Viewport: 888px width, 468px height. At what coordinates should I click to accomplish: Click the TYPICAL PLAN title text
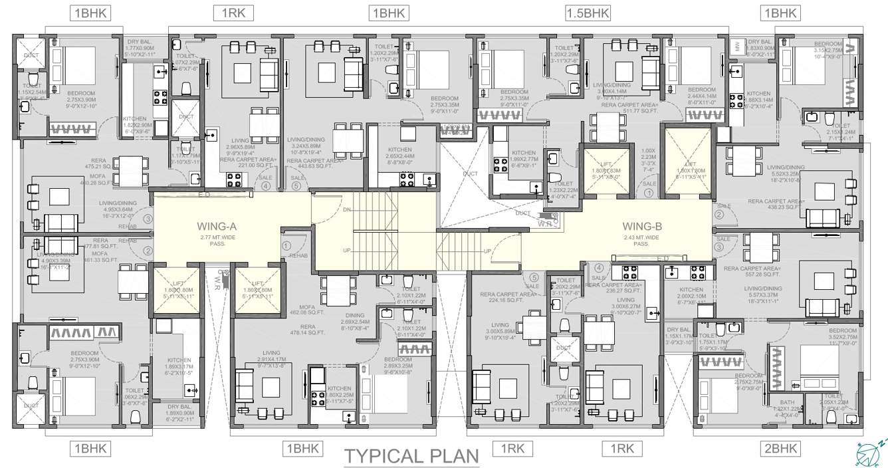411,456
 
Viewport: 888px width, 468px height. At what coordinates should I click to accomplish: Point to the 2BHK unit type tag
780,449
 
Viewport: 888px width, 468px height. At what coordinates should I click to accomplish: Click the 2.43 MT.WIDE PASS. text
641,240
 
